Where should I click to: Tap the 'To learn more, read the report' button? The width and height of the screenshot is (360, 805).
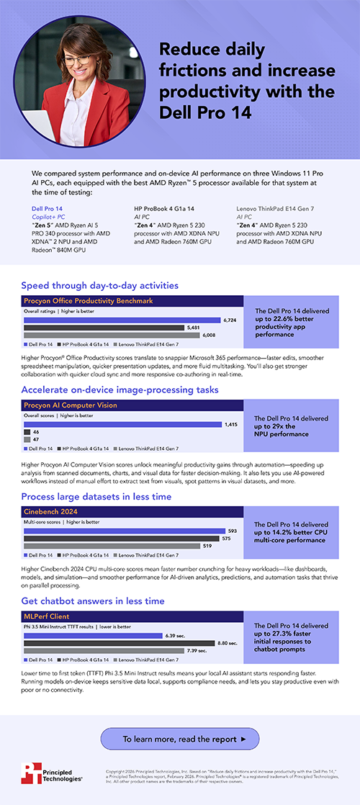(x=179, y=739)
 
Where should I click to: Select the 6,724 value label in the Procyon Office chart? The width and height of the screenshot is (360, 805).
(x=230, y=320)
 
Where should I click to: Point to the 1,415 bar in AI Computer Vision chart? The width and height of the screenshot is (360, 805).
(x=122, y=425)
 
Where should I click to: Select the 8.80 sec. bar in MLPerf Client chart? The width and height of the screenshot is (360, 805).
(x=119, y=642)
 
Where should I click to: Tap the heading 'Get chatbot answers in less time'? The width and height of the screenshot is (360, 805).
(x=93, y=601)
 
